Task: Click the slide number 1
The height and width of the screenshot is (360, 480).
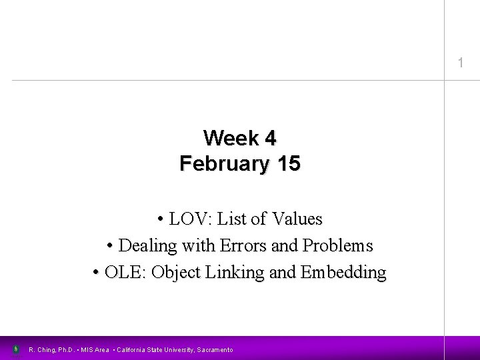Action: pos(459,63)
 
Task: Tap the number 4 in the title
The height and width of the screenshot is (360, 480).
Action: pos(269,138)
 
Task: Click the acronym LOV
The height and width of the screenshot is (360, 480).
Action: pos(188,219)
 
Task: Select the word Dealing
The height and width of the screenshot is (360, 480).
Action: pos(146,245)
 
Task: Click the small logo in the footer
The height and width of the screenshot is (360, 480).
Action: pos(16,349)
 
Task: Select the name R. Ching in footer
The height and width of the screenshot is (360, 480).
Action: pos(43,349)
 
